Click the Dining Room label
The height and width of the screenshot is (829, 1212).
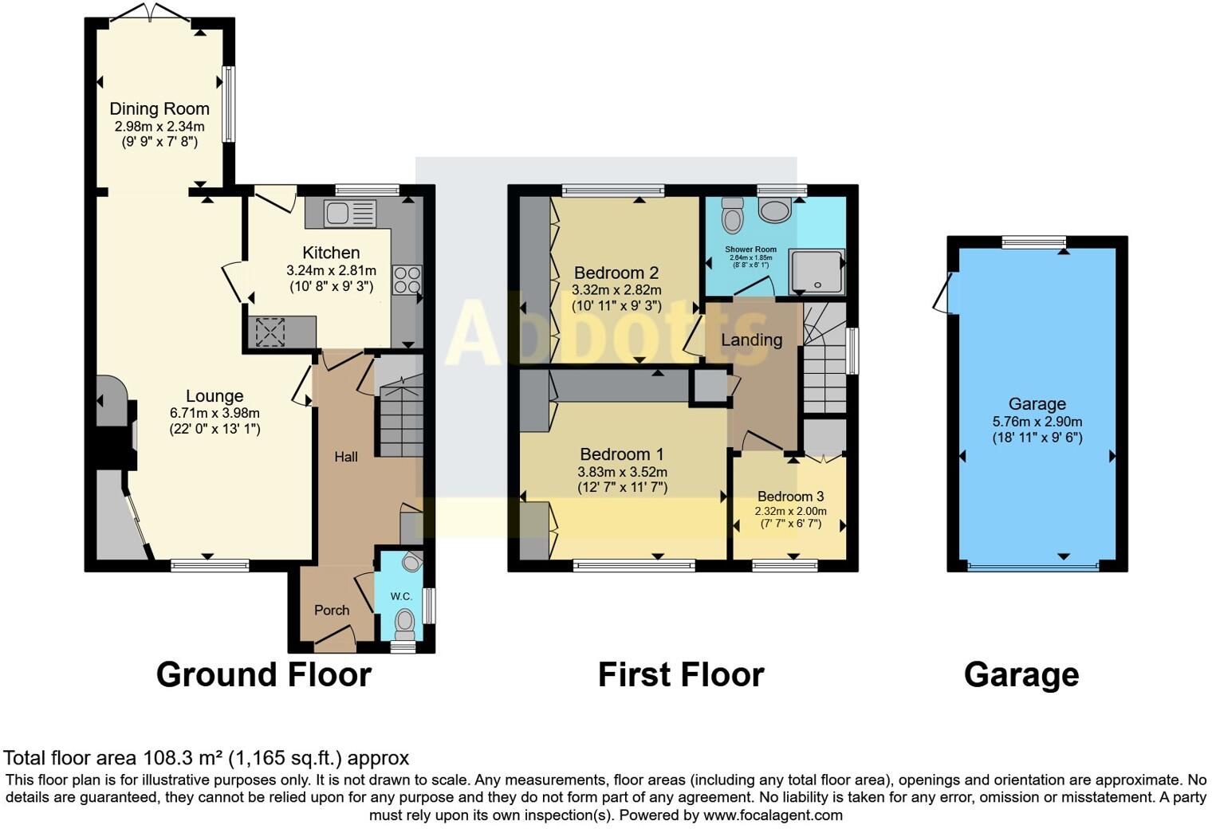pyautogui.click(x=159, y=108)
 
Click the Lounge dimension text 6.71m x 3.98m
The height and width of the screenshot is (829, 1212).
pyautogui.click(x=214, y=413)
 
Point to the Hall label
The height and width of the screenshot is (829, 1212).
pyautogui.click(x=345, y=457)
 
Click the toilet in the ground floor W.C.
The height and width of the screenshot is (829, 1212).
pyautogui.click(x=405, y=620)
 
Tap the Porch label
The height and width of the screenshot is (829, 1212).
pyautogui.click(x=332, y=610)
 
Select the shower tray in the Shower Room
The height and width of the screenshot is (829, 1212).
pyautogui.click(x=816, y=271)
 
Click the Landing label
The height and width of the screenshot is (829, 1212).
pyautogui.click(x=751, y=340)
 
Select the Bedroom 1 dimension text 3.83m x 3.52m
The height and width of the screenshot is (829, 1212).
pyautogui.click(x=622, y=471)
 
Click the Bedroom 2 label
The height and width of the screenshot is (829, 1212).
pyautogui.click(x=616, y=273)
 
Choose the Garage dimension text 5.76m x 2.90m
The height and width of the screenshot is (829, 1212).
pyautogui.click(x=1037, y=421)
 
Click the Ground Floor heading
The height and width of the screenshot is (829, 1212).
pyautogui.click(x=263, y=674)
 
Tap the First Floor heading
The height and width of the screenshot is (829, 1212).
pyautogui.click(x=680, y=674)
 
